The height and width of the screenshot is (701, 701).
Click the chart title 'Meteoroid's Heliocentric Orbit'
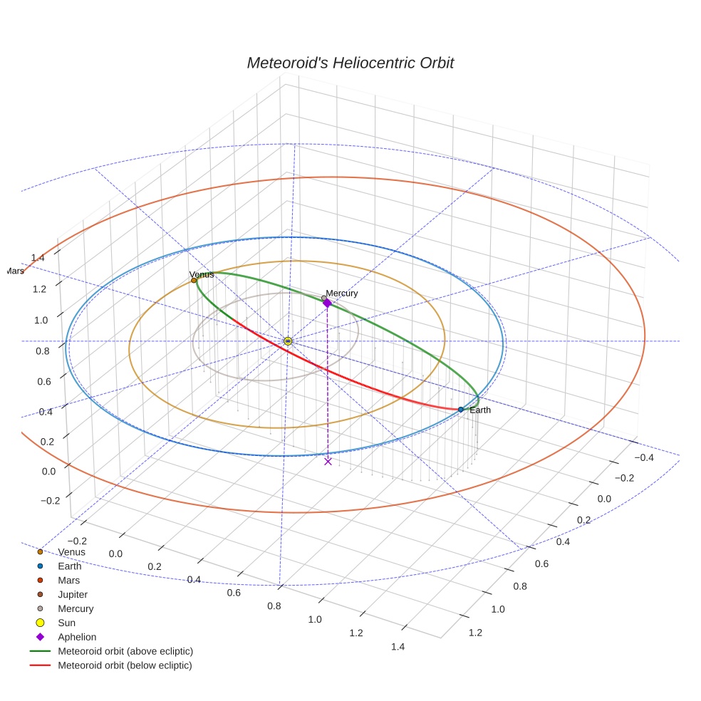click(x=350, y=63)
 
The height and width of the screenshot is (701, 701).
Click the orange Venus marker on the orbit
click(x=194, y=281)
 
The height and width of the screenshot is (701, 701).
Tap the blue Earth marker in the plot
click(x=461, y=410)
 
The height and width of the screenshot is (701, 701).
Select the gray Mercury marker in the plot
click(x=324, y=298)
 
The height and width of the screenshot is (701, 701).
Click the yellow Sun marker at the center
click(x=288, y=341)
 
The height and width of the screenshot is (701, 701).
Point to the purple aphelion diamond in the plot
click(x=327, y=303)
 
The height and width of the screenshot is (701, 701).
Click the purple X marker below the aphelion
click(x=328, y=461)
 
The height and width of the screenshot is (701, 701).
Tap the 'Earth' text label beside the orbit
click(x=479, y=410)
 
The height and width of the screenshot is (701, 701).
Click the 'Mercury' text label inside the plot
click(x=342, y=294)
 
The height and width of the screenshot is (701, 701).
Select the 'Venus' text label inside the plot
click(x=202, y=274)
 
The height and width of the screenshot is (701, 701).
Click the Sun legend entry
click(x=66, y=623)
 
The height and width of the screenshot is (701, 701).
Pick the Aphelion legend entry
click(x=77, y=637)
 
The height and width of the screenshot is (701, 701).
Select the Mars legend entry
click(x=68, y=580)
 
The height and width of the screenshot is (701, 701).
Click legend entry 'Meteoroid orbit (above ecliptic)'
click(x=125, y=651)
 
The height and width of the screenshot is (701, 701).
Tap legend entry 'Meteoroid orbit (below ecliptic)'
click(x=125, y=665)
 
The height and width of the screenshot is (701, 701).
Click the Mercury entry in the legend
click(x=76, y=608)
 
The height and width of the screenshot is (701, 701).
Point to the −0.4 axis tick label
click(x=646, y=458)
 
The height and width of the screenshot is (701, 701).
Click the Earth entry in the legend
click(x=70, y=566)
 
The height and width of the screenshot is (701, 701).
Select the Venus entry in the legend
click(x=71, y=551)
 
